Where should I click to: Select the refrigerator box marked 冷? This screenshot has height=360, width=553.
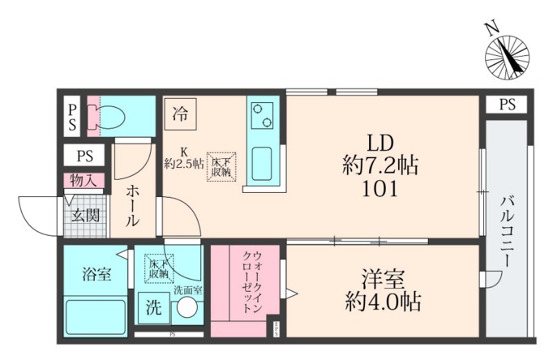tap(180, 112)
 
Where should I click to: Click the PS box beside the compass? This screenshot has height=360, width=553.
tap(507, 105)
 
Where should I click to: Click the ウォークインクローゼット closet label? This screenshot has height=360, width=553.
tap(252, 283)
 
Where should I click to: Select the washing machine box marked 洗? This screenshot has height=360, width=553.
tap(153, 308)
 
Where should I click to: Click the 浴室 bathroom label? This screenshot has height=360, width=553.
tap(96, 272)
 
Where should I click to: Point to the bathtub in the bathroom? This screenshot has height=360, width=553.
tap(96, 316)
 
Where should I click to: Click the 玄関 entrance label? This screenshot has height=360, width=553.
tap(87, 214)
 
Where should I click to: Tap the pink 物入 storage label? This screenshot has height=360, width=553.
tap(84, 181)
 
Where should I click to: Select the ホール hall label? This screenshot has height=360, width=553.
tap(131, 205)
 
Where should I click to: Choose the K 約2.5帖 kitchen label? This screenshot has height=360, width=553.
tap(184, 158)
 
